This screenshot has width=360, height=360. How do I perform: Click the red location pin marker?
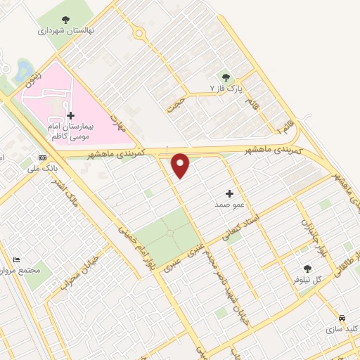tap(181, 165)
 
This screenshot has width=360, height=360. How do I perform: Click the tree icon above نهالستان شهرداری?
tap(65, 20)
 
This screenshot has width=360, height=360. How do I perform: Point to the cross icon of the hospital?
tap(70, 115)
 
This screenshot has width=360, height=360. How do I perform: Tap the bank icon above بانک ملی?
tap(43, 157)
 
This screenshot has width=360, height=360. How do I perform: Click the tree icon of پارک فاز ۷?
tap(226, 77)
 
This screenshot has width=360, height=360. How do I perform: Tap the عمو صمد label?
tap(229, 205)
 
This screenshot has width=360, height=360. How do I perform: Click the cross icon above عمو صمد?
tap(229, 193)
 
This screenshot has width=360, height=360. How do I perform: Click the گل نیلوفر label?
tap(307, 280)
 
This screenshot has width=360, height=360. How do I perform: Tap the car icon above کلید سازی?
tap(342, 317)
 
